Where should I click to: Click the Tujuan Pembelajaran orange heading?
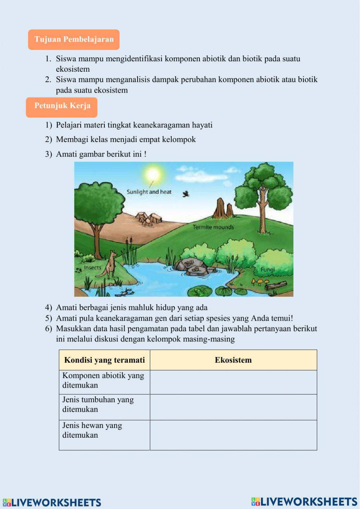click(x=74, y=40)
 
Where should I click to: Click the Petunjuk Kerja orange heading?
click(x=62, y=106)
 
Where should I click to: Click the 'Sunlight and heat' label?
click(x=149, y=192)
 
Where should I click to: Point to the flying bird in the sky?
click(x=186, y=194)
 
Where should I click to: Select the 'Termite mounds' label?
click(x=213, y=227)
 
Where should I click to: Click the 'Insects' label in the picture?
click(x=92, y=268)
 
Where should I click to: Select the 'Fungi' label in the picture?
click(x=267, y=269)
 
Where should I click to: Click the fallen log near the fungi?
click(x=276, y=286)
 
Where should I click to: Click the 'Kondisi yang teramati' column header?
click(x=104, y=360)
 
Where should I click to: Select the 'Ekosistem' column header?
click(x=233, y=360)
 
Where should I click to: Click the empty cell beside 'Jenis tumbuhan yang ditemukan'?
click(x=233, y=407)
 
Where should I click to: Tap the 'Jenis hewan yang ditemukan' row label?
click(x=93, y=430)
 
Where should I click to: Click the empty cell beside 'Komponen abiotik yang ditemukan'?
click(x=233, y=382)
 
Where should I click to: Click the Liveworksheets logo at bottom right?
click(x=304, y=502)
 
